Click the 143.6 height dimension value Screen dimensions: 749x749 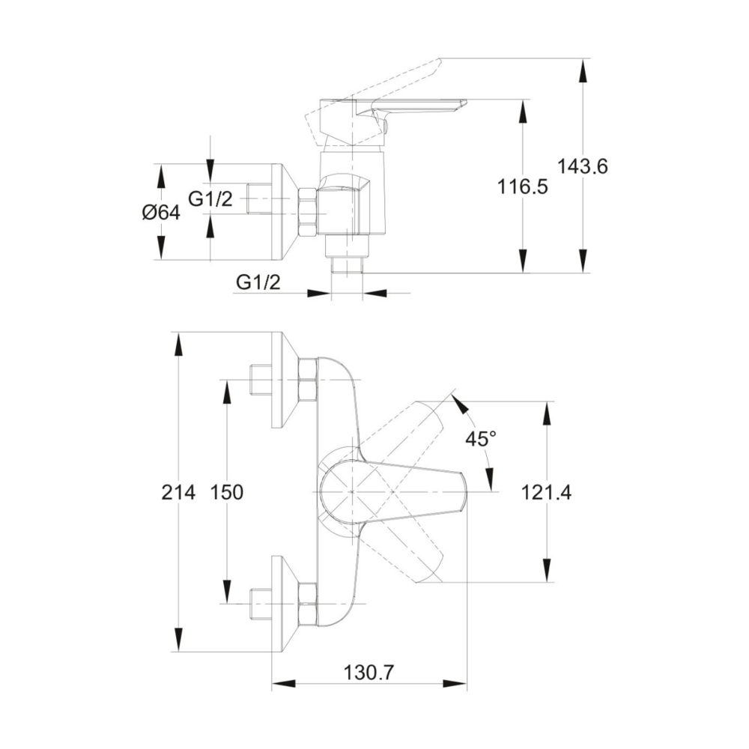click(582, 166)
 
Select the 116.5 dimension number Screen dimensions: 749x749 click(523, 187)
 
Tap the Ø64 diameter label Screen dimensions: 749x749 click(160, 213)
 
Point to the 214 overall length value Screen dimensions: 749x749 click(178, 492)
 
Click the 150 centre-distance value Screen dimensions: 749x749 click(226, 492)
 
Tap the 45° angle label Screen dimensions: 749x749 click(480, 439)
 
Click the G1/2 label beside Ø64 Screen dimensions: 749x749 click(210, 198)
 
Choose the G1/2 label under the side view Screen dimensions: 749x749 click(258, 282)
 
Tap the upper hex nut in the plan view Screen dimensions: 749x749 click(307, 380)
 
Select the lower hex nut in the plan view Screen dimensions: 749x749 click(307, 604)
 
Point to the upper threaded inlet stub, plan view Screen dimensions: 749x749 click(259, 380)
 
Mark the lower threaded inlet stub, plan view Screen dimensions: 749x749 click(259, 604)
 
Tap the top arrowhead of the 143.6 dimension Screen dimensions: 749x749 click(582, 66)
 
